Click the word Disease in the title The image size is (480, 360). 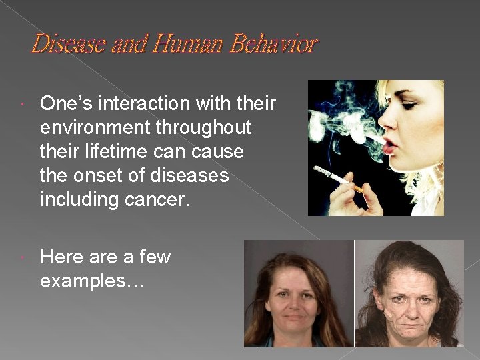click(63, 45)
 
